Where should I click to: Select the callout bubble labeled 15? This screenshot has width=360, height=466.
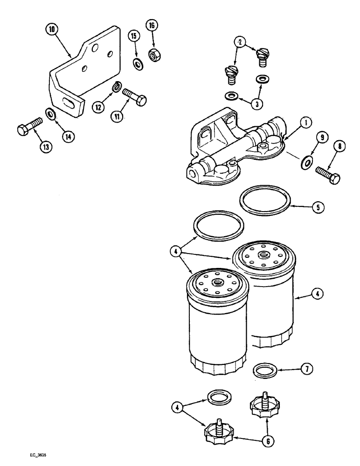click(134, 36)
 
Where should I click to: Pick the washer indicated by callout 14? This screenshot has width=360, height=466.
click(49, 113)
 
